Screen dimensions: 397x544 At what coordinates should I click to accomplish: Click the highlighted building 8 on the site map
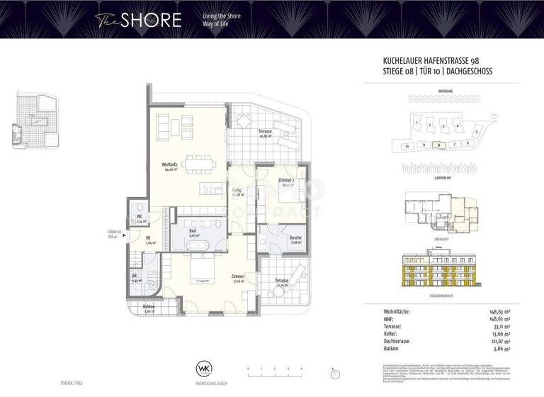[438, 145]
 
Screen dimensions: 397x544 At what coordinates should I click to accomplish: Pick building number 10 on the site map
[407, 146]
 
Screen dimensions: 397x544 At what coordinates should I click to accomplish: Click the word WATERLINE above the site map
[445, 91]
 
